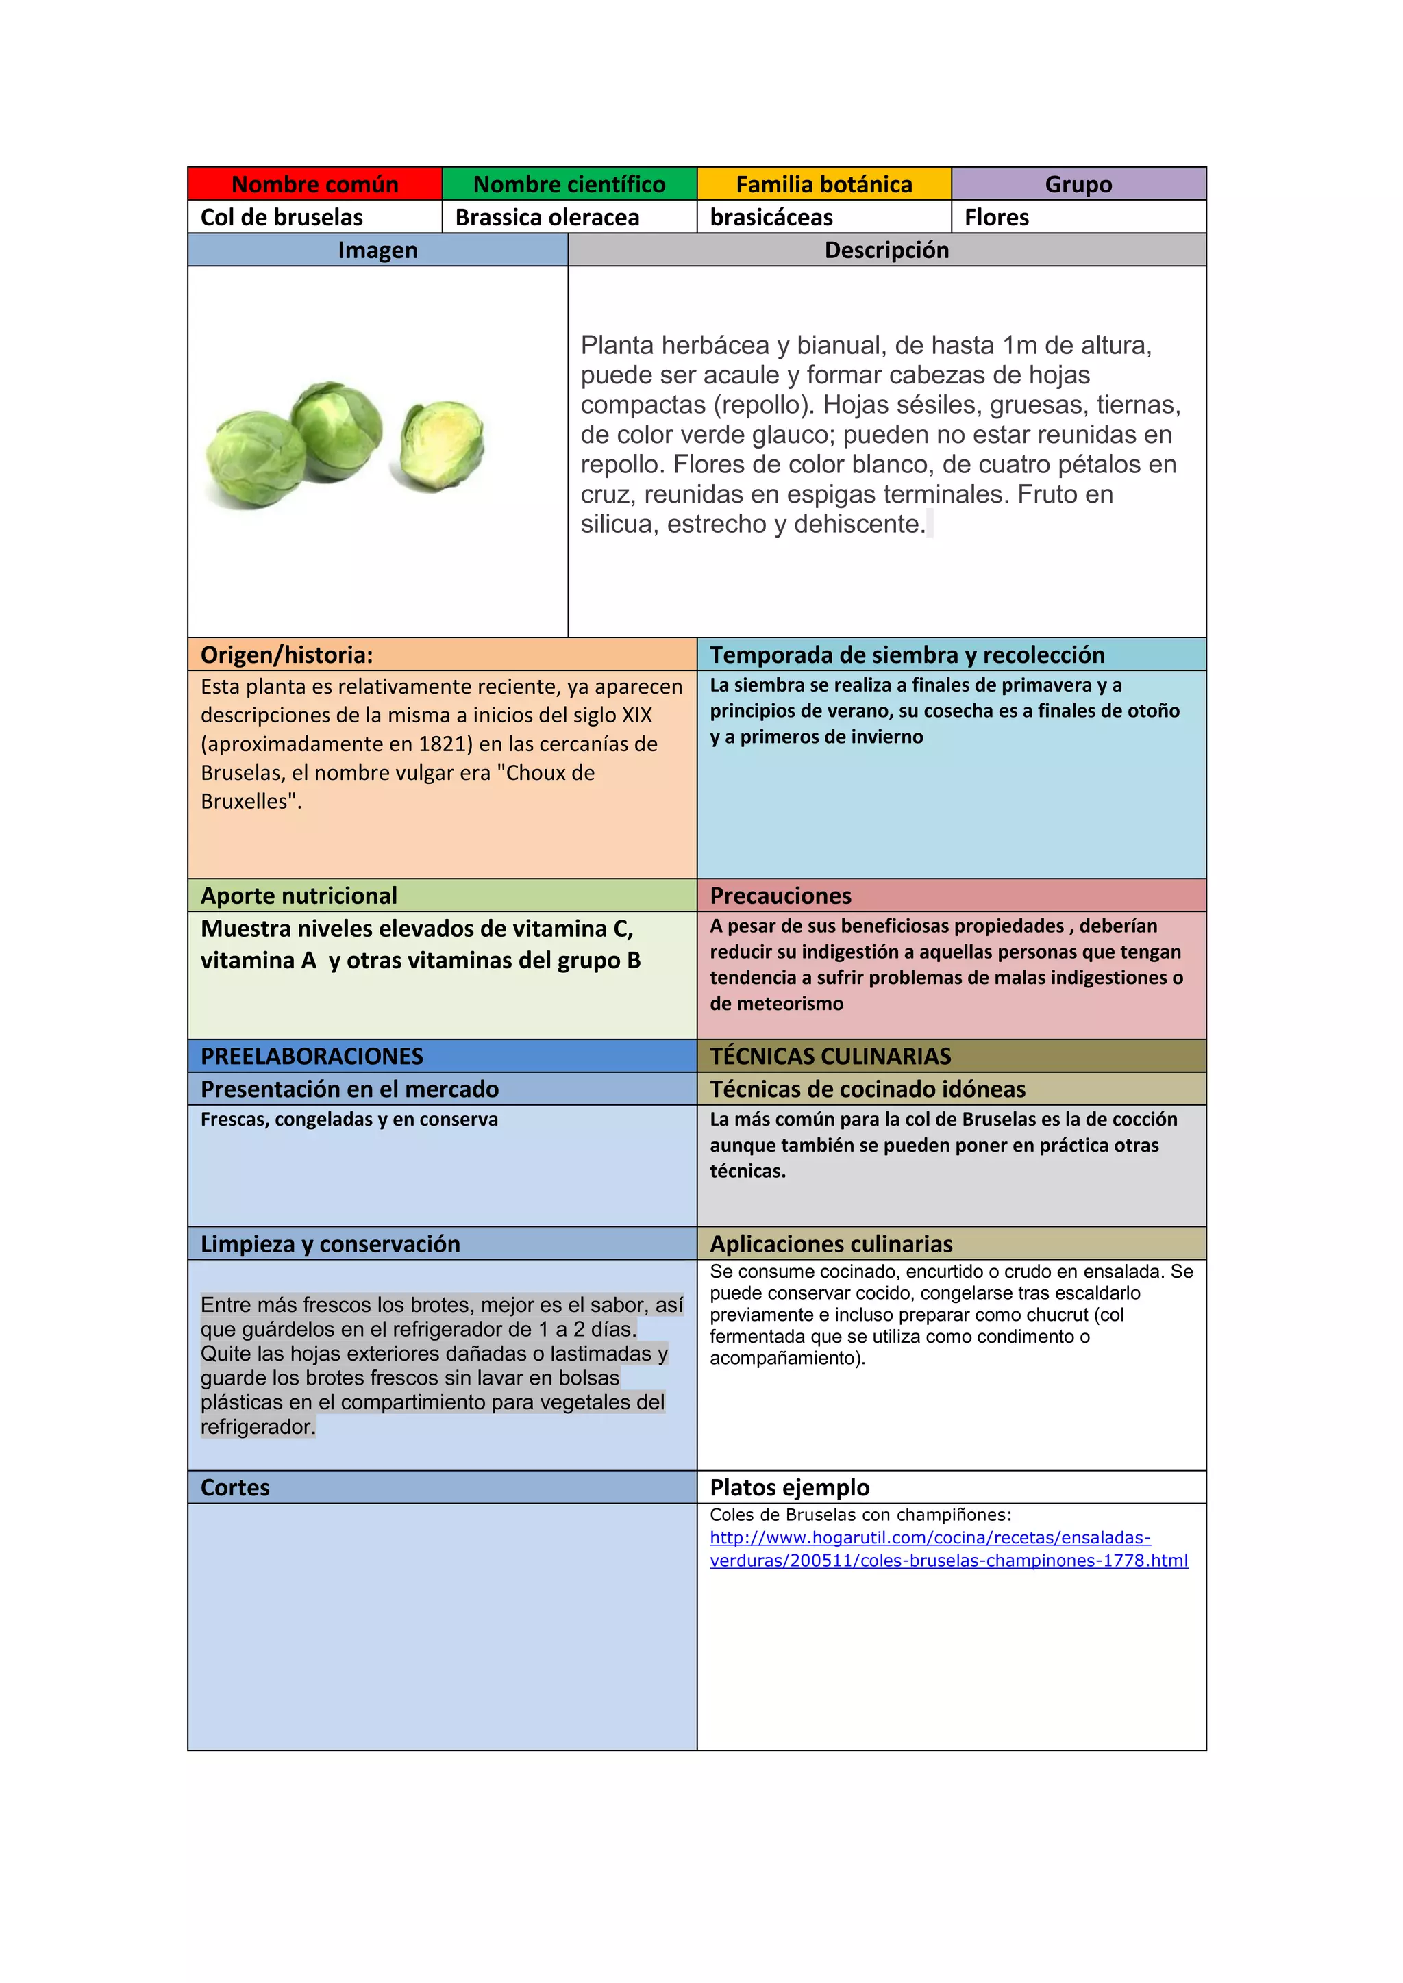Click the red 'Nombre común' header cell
coord(314,184)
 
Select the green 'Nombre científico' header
coord(569,184)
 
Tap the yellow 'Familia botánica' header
coord(823,184)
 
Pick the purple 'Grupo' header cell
coord(1078,184)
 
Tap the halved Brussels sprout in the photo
coord(440,446)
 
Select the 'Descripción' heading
coord(886,251)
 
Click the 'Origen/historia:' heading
coord(287,655)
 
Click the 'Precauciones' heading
coord(780,896)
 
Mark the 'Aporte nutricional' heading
coord(299,896)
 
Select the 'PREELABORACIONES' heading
coord(312,1057)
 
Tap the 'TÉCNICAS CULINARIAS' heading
coord(830,1057)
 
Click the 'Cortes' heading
coord(235,1487)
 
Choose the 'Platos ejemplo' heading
coord(790,1487)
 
